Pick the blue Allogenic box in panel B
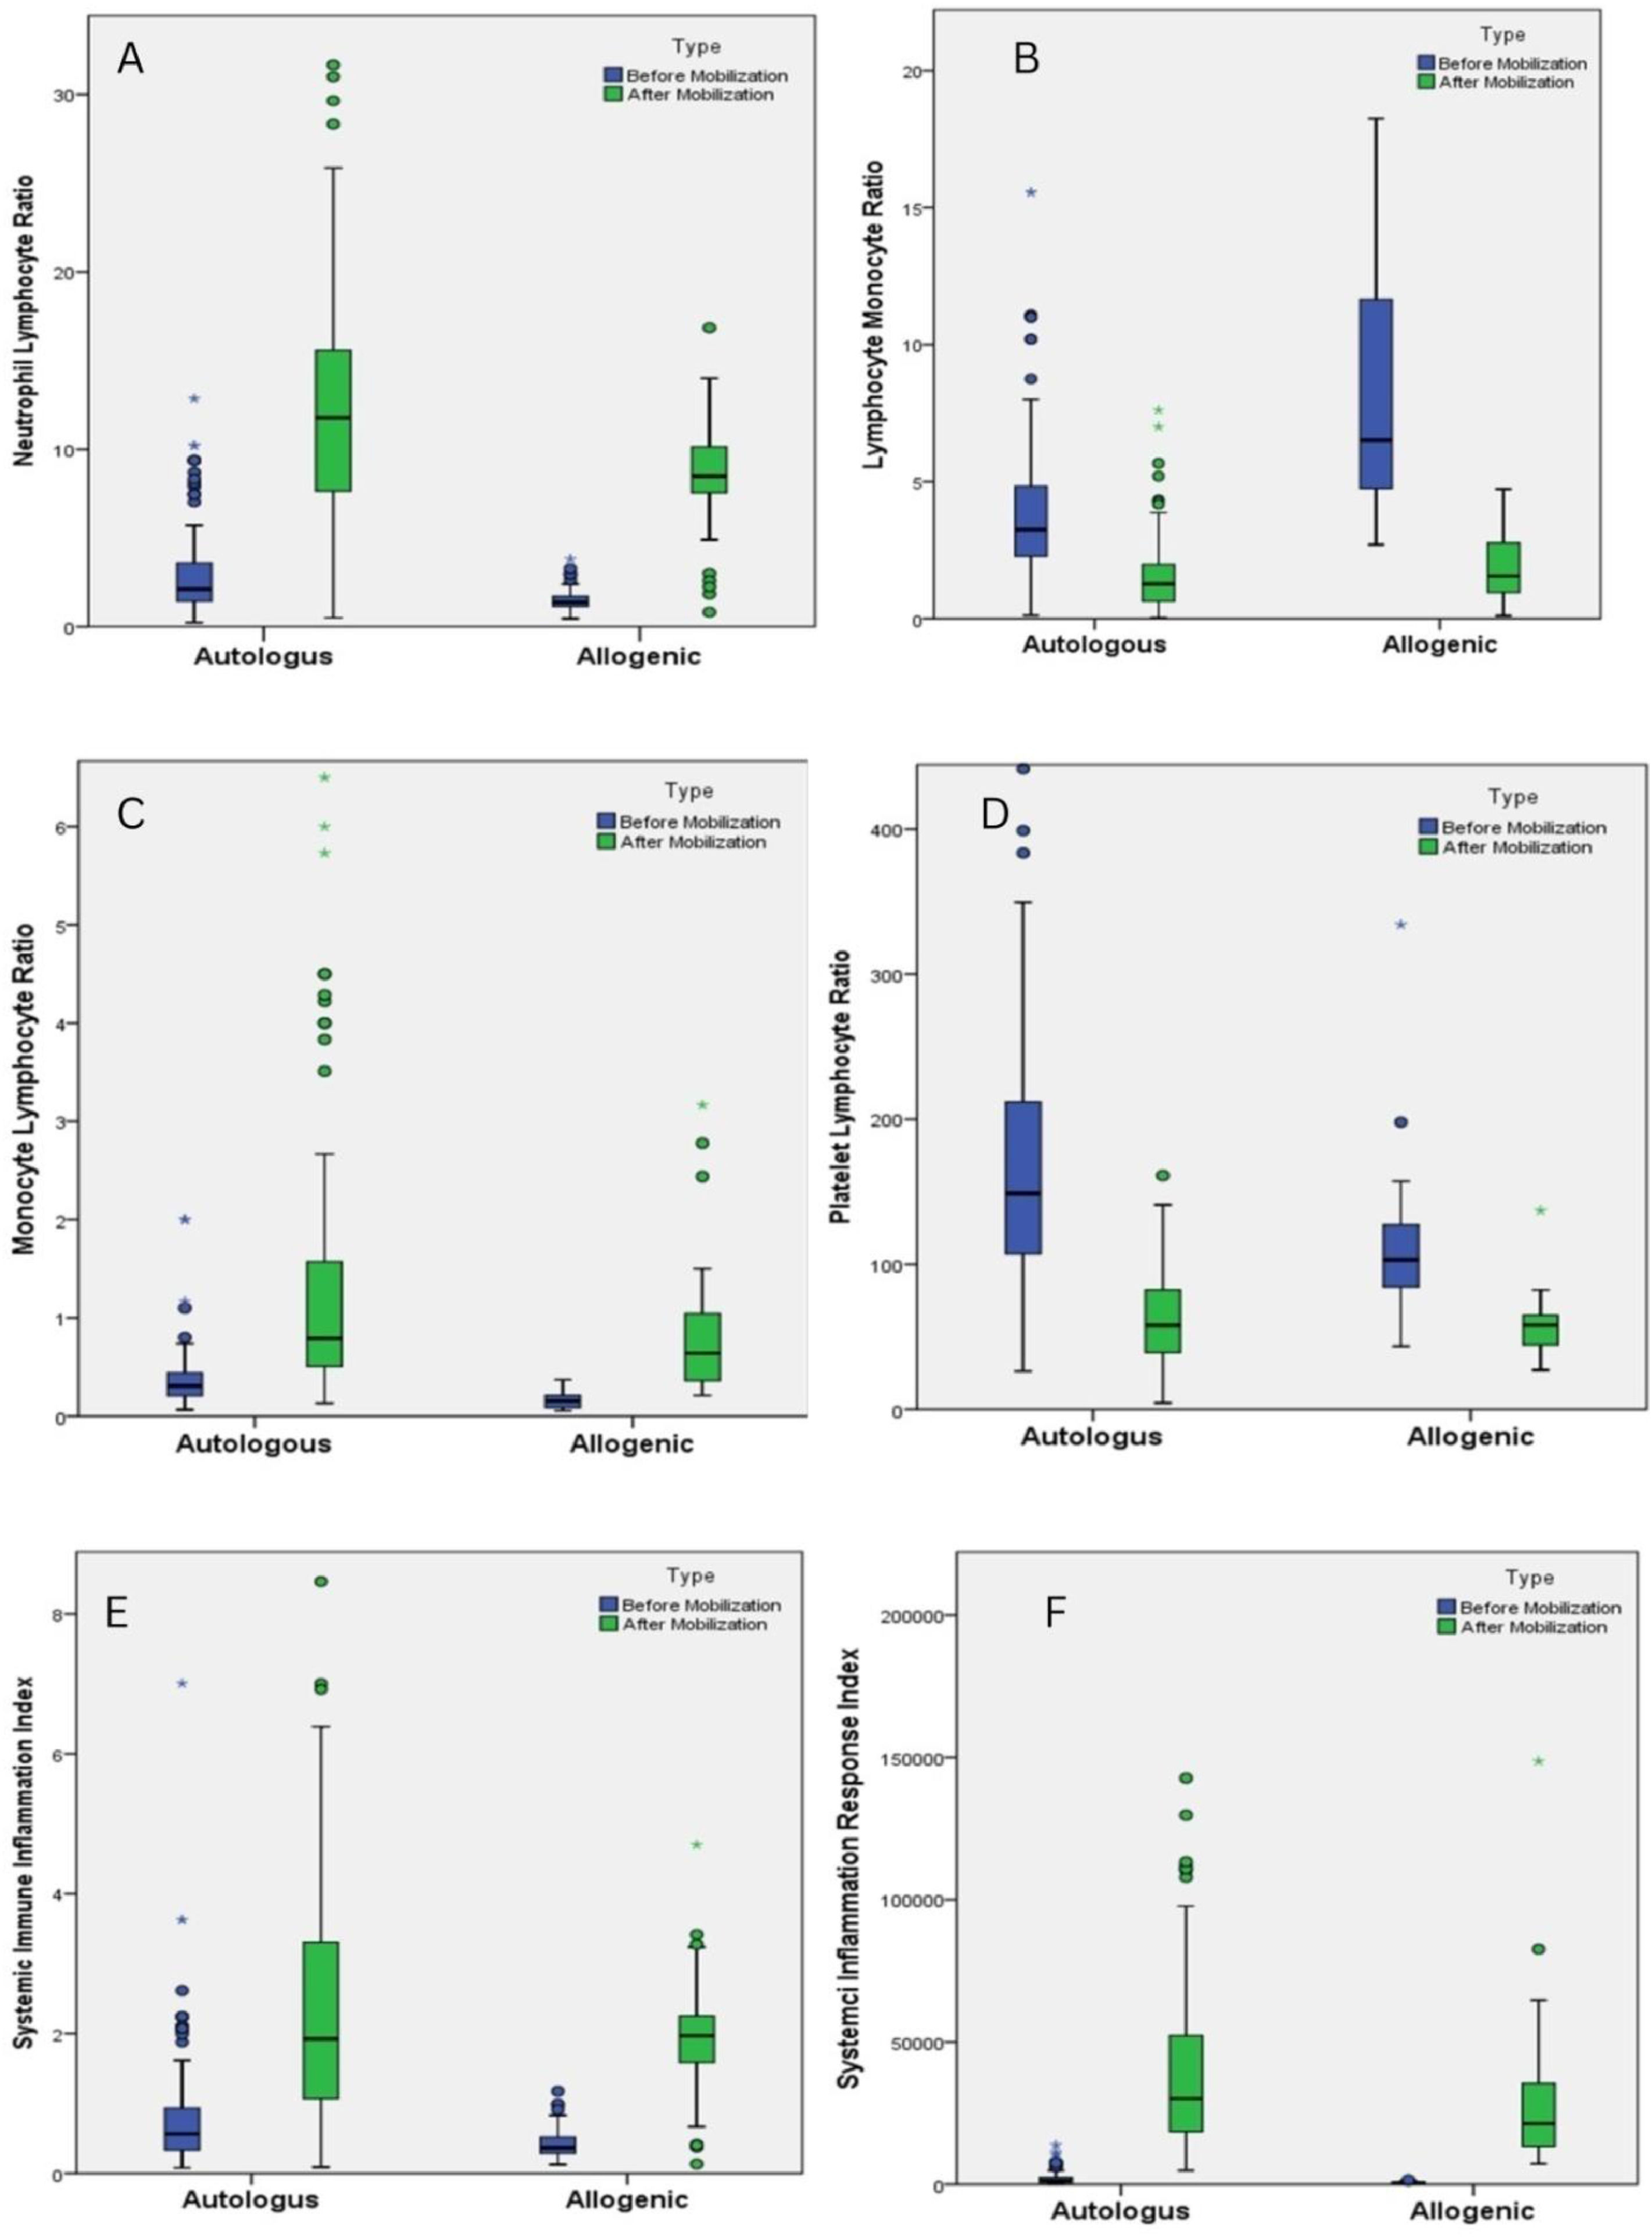click(1375, 394)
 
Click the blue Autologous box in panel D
click(1023, 1177)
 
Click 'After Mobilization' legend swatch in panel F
click(1447, 1627)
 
